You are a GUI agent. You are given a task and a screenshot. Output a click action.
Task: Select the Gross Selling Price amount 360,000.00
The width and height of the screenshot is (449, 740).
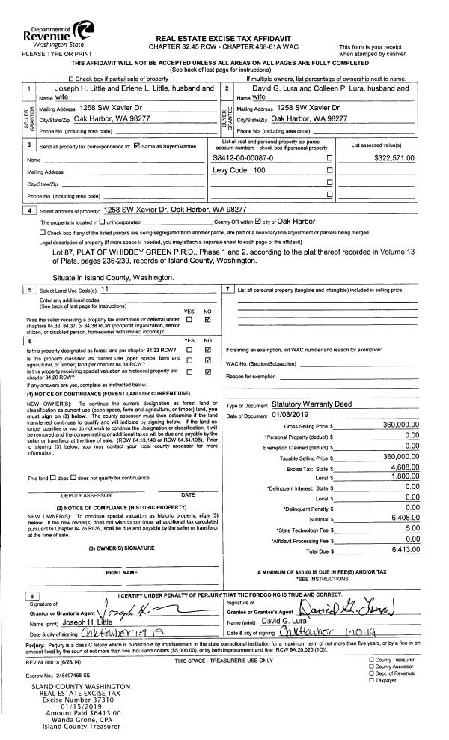coord(394,425)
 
